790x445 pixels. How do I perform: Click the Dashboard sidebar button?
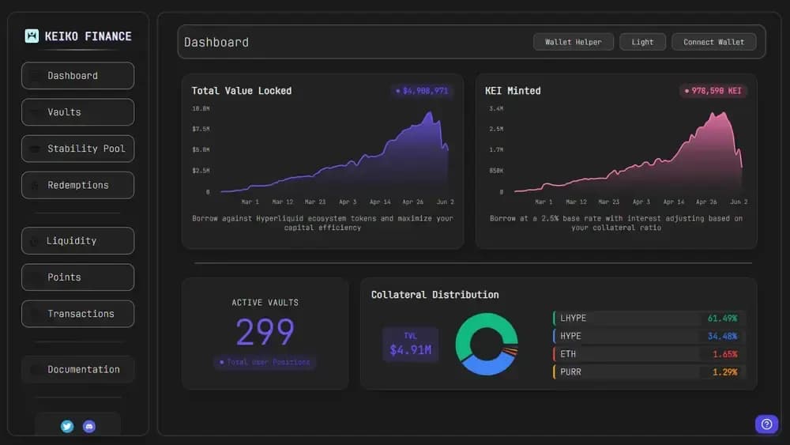tap(77, 76)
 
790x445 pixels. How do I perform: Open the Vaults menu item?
tap(77, 112)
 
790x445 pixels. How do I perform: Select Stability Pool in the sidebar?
tap(77, 149)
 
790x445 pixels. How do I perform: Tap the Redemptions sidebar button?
tap(77, 185)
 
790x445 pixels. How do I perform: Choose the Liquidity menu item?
tap(77, 241)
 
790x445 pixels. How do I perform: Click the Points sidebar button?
tap(77, 277)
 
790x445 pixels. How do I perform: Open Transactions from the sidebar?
tap(77, 314)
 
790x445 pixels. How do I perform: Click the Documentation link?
tap(77, 369)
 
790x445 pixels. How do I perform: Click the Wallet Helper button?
tap(573, 42)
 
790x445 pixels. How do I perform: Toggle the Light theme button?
tap(642, 42)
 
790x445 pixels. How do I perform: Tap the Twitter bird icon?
tap(67, 426)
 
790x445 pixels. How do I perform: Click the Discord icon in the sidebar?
tap(89, 426)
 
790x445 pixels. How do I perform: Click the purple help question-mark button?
tap(766, 424)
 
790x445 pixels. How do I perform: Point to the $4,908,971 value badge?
tap(422, 91)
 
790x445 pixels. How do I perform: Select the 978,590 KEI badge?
tap(713, 91)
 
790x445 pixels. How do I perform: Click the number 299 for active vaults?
tap(265, 333)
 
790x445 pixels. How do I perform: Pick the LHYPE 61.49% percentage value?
tap(722, 319)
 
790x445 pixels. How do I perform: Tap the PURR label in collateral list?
tap(570, 371)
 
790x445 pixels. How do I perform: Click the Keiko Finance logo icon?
tap(32, 36)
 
